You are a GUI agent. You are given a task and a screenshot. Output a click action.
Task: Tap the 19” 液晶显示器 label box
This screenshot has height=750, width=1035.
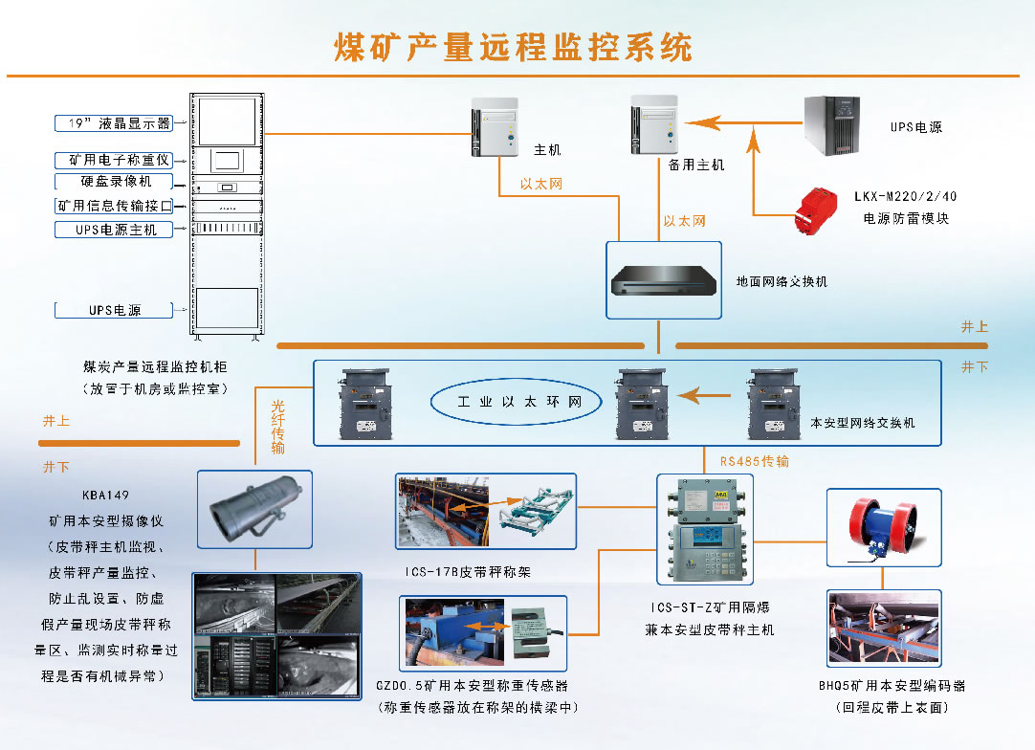click(113, 122)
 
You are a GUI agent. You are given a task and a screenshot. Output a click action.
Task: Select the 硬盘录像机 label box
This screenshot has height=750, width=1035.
click(114, 181)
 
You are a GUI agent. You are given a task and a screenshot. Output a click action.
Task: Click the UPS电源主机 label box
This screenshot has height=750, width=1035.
click(114, 230)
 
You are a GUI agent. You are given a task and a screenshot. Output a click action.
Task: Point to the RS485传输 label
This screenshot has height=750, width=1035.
click(755, 460)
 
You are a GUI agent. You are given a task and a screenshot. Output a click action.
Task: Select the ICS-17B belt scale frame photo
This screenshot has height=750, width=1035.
click(486, 511)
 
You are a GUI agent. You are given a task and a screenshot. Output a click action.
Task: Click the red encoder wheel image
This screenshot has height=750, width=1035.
click(883, 527)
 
